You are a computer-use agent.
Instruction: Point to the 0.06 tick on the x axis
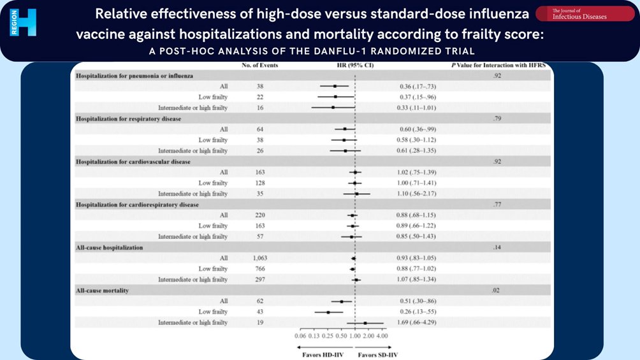click(x=300, y=335)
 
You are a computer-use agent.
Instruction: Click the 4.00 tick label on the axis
click(x=382, y=335)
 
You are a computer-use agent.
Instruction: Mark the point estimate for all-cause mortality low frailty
click(x=328, y=312)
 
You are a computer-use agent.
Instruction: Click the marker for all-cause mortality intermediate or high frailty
click(x=365, y=323)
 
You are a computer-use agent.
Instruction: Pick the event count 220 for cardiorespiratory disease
click(x=259, y=215)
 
